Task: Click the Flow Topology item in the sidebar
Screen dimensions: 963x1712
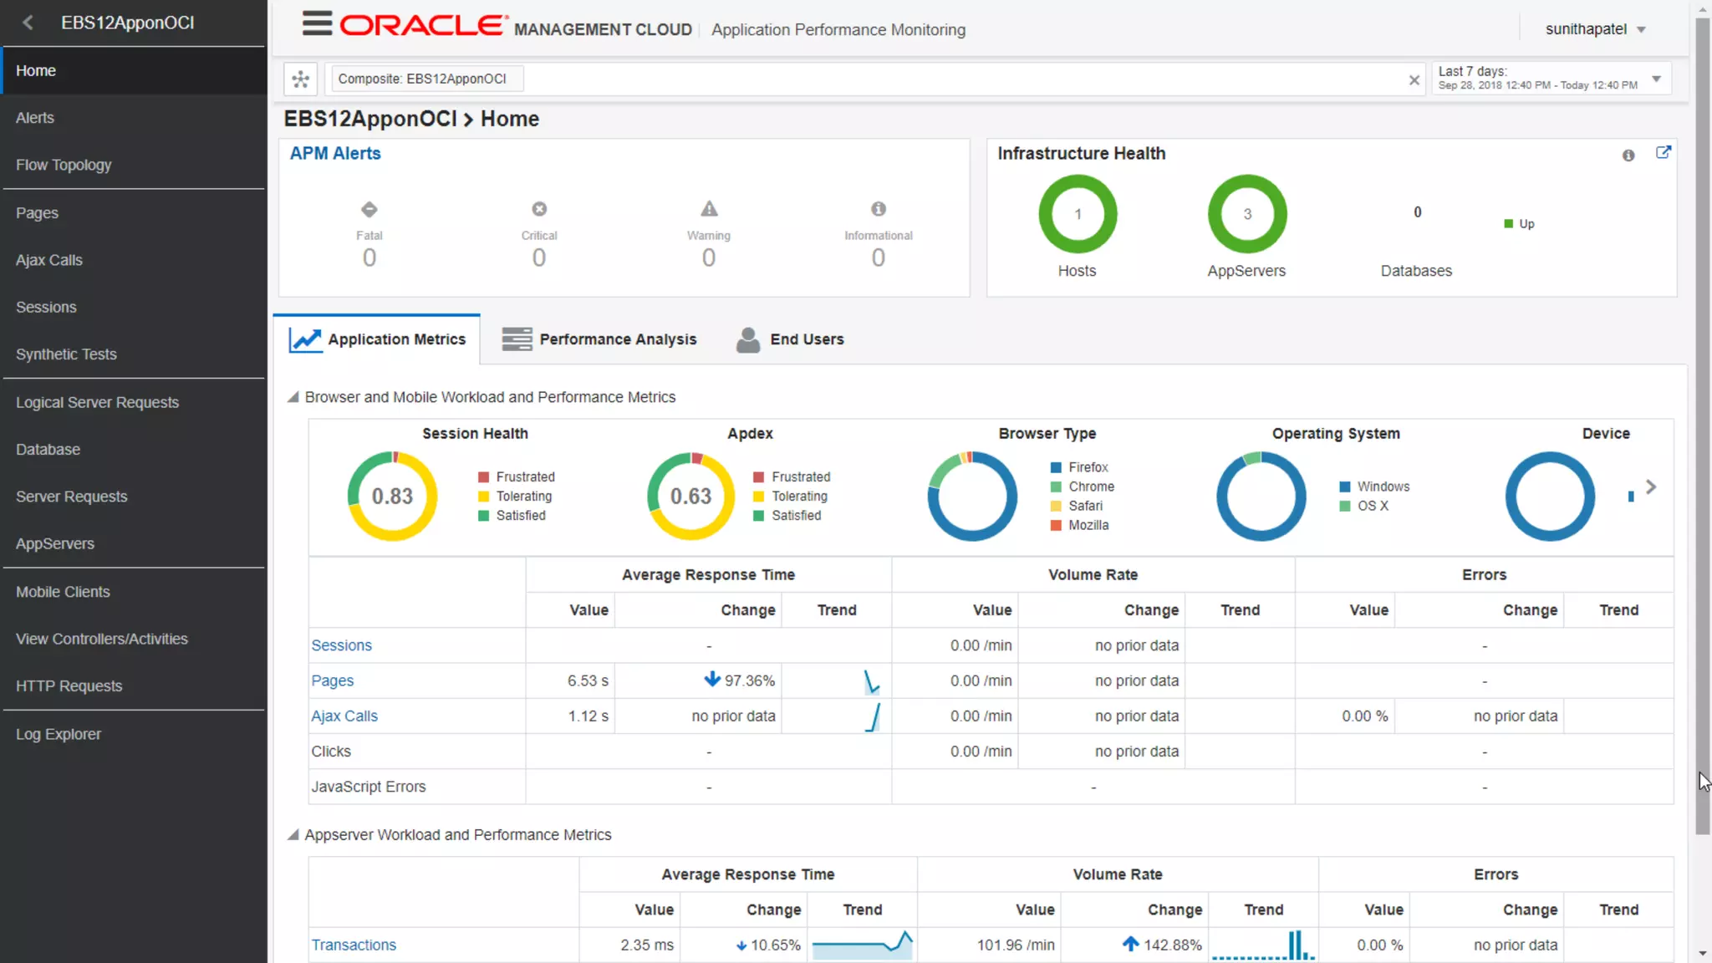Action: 64,165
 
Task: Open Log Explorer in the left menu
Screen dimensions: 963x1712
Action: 59,734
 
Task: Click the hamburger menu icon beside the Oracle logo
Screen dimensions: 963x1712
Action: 317,24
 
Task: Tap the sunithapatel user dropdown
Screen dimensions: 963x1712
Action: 1595,29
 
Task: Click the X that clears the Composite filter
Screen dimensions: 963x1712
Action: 1414,80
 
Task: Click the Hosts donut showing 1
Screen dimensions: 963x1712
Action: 1078,214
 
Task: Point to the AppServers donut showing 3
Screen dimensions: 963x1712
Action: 1247,214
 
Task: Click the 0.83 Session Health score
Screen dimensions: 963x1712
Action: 392,497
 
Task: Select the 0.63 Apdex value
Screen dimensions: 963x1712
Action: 690,497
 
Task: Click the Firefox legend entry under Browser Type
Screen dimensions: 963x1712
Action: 1088,467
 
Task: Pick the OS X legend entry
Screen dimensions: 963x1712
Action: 1372,506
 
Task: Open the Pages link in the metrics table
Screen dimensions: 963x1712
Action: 332,680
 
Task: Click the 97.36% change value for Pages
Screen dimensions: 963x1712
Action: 748,680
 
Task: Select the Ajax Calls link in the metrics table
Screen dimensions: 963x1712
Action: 344,716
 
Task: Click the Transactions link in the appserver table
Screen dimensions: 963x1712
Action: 354,945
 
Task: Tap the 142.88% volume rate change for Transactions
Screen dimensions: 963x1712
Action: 1171,945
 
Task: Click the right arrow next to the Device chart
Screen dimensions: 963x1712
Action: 1651,487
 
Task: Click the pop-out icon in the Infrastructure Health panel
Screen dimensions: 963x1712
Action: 1663,153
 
